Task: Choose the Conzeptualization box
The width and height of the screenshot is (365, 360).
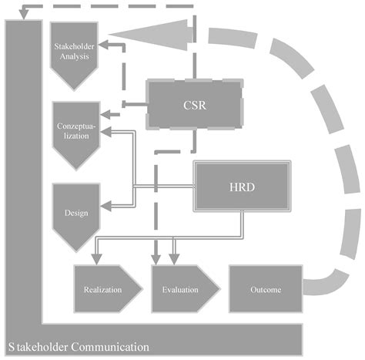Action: pyautogui.click(x=73, y=130)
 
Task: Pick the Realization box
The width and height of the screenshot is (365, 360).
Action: pyautogui.click(x=104, y=290)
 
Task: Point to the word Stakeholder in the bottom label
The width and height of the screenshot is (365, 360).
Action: pyautogui.click(x=36, y=347)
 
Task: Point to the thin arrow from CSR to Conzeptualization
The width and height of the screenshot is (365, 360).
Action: pyautogui.click(x=127, y=109)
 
